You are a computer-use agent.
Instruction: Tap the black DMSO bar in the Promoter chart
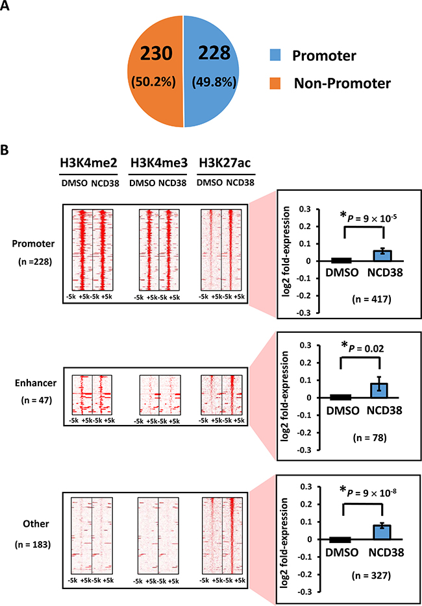pos(322,260)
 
